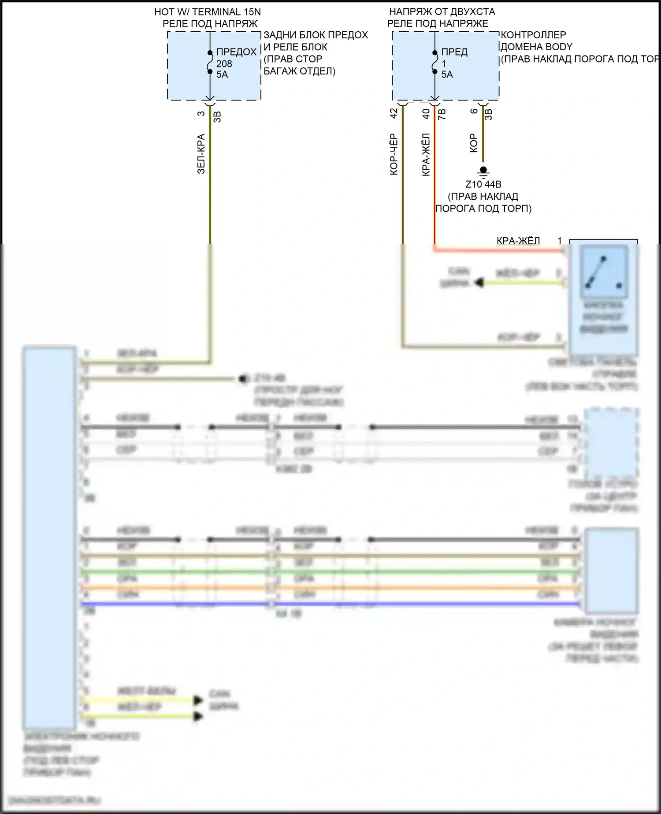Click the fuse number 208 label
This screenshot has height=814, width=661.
pyautogui.click(x=224, y=63)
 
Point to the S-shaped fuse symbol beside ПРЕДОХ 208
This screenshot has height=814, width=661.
pyautogui.click(x=210, y=62)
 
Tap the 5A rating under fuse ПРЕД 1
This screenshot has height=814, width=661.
pyautogui.click(x=447, y=75)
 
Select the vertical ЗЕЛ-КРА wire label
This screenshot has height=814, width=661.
pyautogui.click(x=201, y=153)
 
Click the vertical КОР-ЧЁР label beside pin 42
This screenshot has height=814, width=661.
pyautogui.click(x=394, y=154)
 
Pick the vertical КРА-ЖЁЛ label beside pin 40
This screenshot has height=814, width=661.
pyautogui.click(x=426, y=154)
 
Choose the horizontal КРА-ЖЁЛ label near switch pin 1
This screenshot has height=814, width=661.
pyautogui.click(x=518, y=241)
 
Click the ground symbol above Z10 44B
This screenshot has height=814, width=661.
pyautogui.click(x=483, y=171)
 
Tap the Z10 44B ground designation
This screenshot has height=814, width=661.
pyautogui.click(x=483, y=184)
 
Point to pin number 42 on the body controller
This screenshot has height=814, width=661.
pyautogui.click(x=394, y=113)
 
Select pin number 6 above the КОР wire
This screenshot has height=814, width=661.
pyautogui.click(x=474, y=111)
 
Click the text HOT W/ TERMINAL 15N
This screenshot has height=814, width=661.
pyautogui.click(x=207, y=12)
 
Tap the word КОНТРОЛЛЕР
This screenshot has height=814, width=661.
pyautogui.click(x=533, y=35)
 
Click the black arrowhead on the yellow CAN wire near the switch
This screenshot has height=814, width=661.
pyautogui.click(x=479, y=282)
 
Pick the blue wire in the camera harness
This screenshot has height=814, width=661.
pyautogui.click(x=330, y=604)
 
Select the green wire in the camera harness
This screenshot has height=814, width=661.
pyautogui.click(x=330, y=572)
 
